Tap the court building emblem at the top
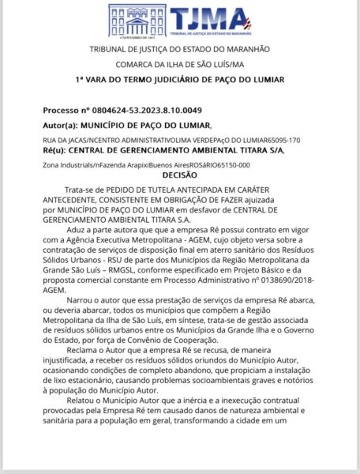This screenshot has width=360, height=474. point(137,20)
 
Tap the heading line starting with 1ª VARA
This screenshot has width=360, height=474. point(180,80)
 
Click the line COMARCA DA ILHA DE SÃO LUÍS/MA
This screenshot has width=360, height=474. point(180,65)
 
